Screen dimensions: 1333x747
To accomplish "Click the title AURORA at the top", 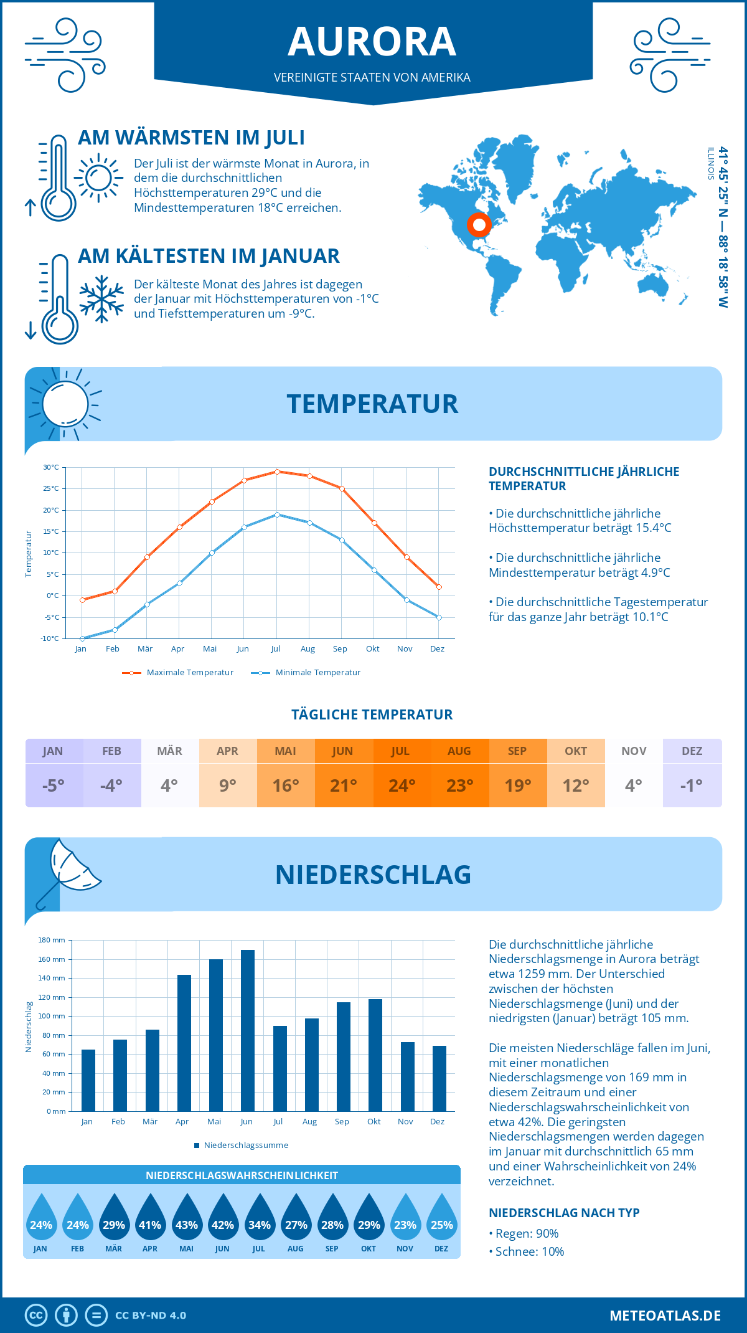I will (x=372, y=42).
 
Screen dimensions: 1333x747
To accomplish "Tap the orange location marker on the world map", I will (x=479, y=224).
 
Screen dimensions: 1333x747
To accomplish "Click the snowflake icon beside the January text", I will (x=101, y=299).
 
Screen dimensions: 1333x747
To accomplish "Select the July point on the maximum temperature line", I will (x=277, y=472).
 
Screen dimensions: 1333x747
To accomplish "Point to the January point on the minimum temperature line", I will (x=82, y=638).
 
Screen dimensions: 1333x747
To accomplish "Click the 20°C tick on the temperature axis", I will (x=51, y=510).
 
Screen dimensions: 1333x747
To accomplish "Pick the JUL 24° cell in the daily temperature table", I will (x=401, y=773).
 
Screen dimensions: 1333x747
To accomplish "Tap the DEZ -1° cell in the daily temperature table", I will (x=692, y=773).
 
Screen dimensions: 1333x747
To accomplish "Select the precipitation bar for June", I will (x=248, y=1030).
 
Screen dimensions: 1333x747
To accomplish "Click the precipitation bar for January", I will (x=88, y=1080).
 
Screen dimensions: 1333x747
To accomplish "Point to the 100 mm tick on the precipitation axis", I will (x=52, y=1016).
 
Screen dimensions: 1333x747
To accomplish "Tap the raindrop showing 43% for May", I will (x=186, y=1222).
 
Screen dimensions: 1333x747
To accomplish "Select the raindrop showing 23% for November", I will (x=405, y=1222).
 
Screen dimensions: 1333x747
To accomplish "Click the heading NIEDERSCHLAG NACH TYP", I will (x=564, y=1213).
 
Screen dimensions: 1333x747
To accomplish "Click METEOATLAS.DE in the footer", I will (x=665, y=1316).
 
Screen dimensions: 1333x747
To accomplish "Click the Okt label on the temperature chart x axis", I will (x=372, y=649).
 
